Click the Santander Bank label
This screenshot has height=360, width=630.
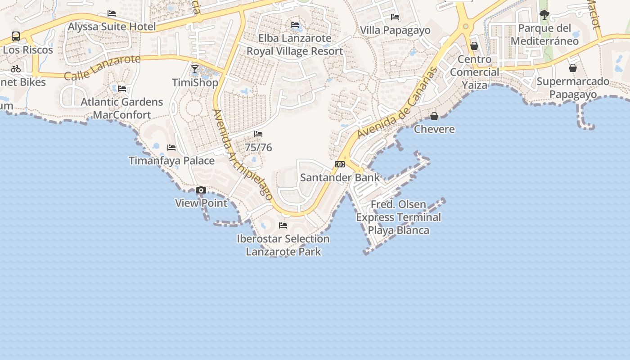coord(340,177)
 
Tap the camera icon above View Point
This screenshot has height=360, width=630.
coord(201,190)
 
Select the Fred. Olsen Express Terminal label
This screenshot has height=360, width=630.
coord(398,217)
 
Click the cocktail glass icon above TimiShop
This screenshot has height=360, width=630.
coord(195,69)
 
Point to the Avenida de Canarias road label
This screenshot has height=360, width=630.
coord(397,103)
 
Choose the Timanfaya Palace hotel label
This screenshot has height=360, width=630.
coord(171,161)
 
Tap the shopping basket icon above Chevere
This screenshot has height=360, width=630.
coord(434,116)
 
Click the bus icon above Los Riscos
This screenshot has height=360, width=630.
coord(16,36)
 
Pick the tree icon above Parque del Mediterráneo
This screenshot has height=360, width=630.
coord(544,15)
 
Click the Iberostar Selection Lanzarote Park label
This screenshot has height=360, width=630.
coord(283,245)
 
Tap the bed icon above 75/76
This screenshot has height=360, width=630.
coord(258,134)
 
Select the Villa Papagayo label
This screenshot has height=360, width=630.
coord(395,30)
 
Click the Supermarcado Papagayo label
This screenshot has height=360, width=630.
coord(573,88)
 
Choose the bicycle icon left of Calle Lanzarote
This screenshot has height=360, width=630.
coord(16,69)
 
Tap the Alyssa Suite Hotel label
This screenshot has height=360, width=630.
coord(112,27)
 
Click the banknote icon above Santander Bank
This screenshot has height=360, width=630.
coord(340,164)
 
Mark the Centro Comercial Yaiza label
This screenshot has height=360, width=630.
coord(474,72)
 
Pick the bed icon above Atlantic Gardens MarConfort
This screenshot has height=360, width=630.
coord(122,89)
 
